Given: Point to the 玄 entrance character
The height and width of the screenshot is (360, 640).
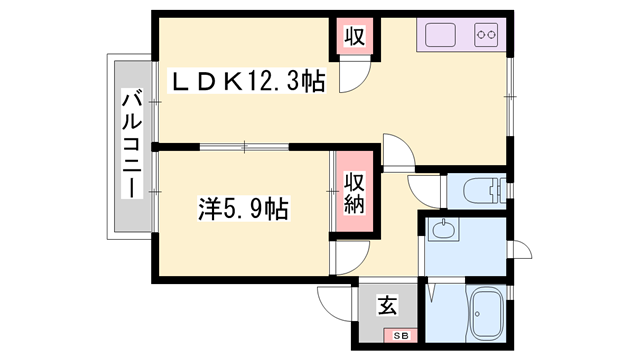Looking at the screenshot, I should pyautogui.click(x=387, y=305).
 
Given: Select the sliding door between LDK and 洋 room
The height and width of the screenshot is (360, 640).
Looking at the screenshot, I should pyautogui.click(x=245, y=146).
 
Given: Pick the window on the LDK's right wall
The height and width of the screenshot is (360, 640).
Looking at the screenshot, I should pyautogui.click(x=510, y=95).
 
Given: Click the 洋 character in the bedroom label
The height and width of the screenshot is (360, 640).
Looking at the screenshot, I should pyautogui.click(x=208, y=209).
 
